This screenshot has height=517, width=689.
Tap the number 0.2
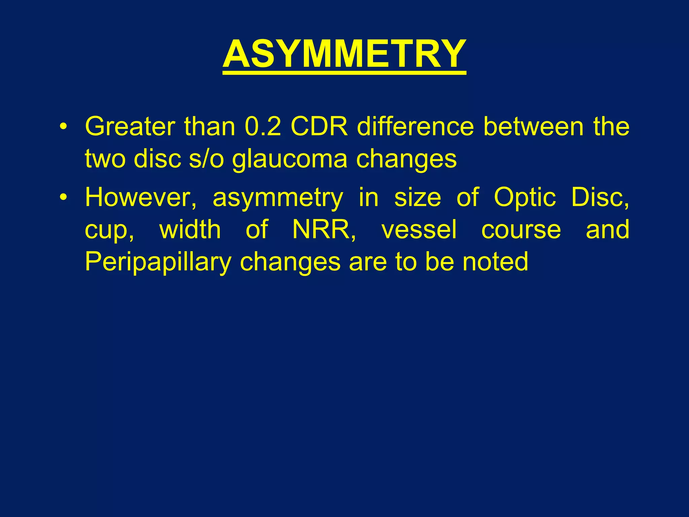[x=263, y=127]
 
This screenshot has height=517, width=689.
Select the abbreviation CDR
[x=319, y=127]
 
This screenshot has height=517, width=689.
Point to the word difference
[x=415, y=127]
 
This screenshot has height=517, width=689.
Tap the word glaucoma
[x=290, y=159]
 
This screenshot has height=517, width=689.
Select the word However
[x=141, y=198]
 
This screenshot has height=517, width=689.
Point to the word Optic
[x=525, y=198]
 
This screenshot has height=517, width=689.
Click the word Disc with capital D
[x=600, y=198]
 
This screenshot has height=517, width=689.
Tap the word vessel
[x=419, y=230]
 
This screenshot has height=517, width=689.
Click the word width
[x=190, y=230]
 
